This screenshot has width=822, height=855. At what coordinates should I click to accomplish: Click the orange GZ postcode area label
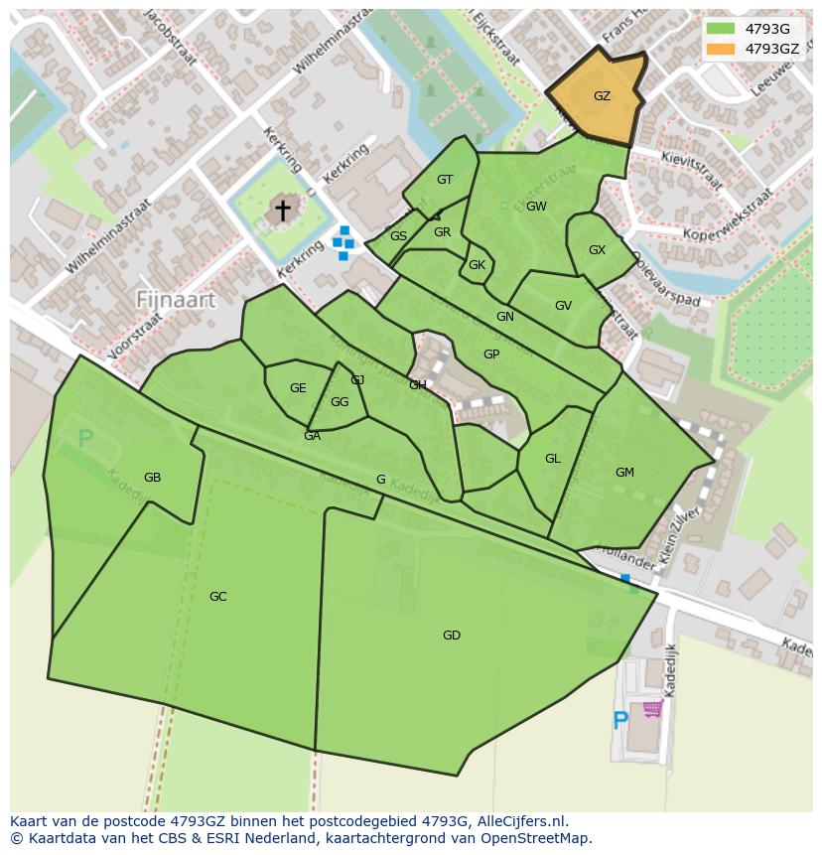602,96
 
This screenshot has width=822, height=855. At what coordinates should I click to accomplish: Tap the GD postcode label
452,636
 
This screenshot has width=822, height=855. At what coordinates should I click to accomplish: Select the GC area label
218,597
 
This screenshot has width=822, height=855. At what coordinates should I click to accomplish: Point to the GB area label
152,478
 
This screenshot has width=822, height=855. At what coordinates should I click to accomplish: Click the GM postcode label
624,473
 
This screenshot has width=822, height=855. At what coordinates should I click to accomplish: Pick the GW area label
536,207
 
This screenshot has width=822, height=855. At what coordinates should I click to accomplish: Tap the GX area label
597,250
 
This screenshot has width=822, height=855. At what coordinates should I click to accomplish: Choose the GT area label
445,180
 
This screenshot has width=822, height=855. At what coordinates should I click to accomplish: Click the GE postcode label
298,388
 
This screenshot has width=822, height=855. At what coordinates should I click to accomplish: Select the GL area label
553,459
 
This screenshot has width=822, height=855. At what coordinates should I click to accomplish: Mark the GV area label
564,306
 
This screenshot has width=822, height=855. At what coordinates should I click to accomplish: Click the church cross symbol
283,210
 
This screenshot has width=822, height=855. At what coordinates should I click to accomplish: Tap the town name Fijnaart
176,299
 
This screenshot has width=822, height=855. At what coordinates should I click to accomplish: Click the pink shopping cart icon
652,709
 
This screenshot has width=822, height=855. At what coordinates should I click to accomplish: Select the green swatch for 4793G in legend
721,29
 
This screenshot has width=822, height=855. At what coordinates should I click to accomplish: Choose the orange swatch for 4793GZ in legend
721,49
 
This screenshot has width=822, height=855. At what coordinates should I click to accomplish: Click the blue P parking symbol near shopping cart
620,720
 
